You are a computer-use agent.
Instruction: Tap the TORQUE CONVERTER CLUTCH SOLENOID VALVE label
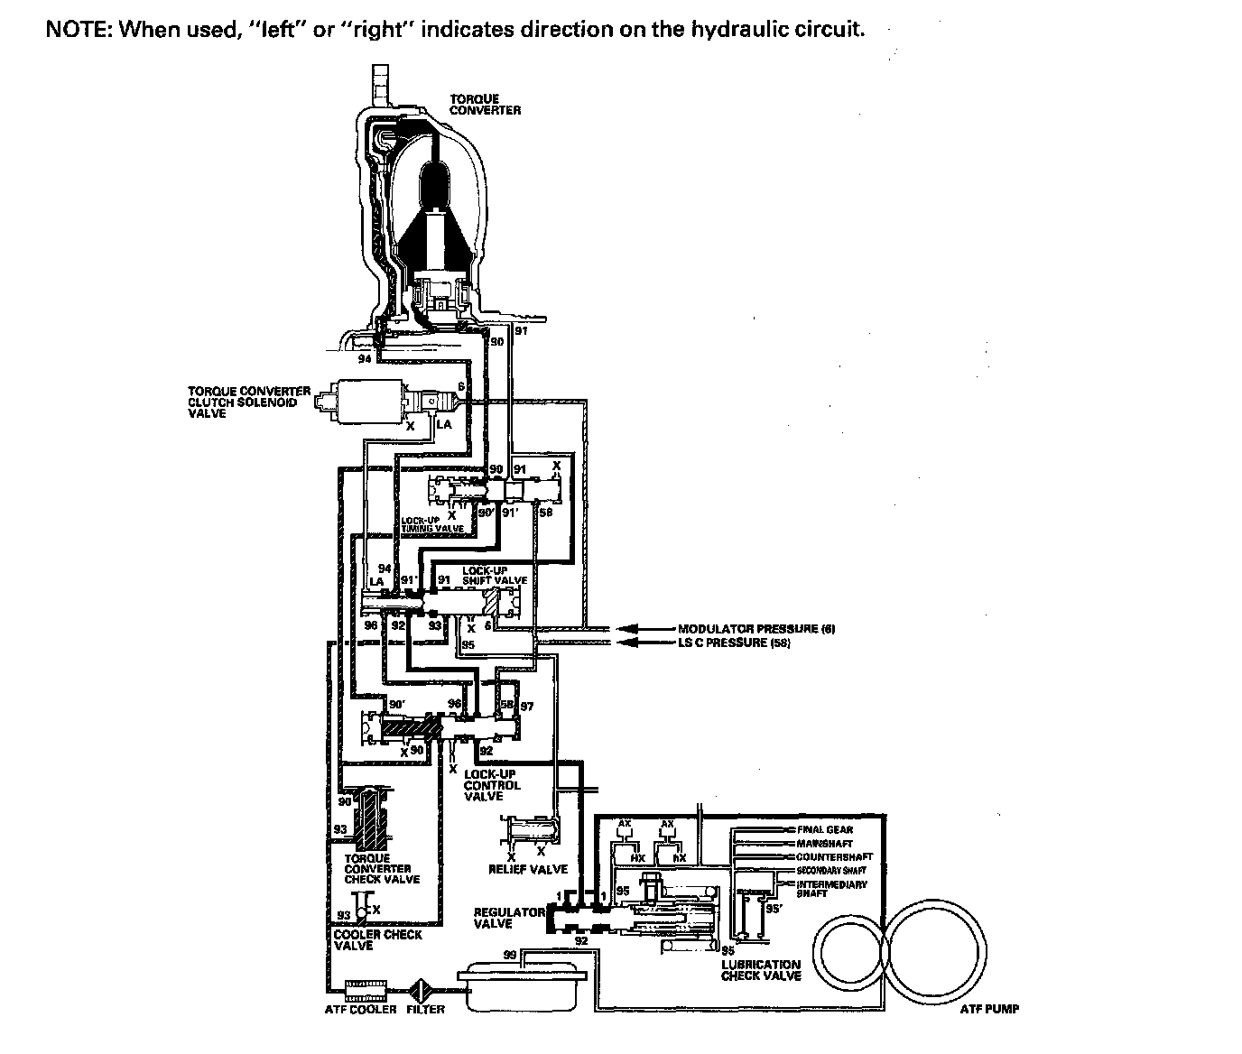pyautogui.click(x=248, y=402)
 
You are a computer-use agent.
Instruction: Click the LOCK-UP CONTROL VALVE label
pyautogui.click(x=492, y=785)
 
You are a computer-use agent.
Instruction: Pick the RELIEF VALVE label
pyautogui.click(x=528, y=869)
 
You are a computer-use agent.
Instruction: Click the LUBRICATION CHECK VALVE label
pyautogui.click(x=761, y=970)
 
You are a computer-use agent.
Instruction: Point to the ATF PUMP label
pyautogui.click(x=990, y=1009)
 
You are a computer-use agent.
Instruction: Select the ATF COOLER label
pyautogui.click(x=360, y=1009)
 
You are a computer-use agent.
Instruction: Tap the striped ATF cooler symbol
pyautogui.click(x=366, y=990)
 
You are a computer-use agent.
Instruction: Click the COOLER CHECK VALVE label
pyautogui.click(x=377, y=939)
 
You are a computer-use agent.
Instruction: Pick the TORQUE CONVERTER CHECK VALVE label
pyautogui.click(x=382, y=868)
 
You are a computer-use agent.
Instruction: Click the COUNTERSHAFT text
pyautogui.click(x=834, y=856)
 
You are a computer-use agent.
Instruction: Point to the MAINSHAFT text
pyautogui.click(x=824, y=843)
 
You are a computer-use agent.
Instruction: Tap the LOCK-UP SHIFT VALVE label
pyautogui.click(x=494, y=575)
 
